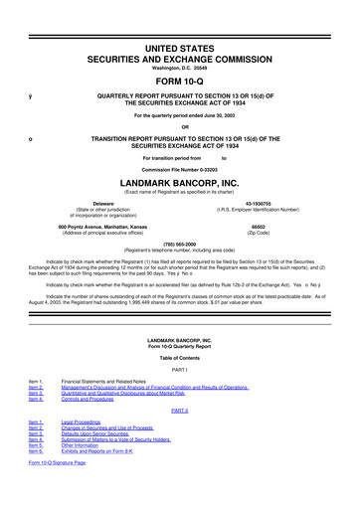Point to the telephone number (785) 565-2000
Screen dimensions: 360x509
179,243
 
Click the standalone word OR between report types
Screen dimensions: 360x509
179,124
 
